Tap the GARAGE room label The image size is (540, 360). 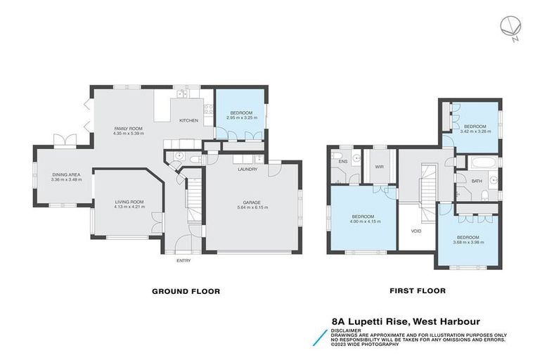(251, 202)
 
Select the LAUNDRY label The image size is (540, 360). (247, 169)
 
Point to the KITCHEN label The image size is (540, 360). (189, 121)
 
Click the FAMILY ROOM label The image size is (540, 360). (129, 128)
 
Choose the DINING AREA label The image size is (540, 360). (66, 174)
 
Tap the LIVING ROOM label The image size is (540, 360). (129, 202)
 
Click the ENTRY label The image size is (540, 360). (184, 260)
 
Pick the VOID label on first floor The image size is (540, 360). (416, 230)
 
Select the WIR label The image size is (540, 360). (380, 166)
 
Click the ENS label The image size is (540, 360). (343, 162)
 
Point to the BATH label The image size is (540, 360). (477, 181)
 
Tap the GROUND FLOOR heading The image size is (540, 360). (186, 290)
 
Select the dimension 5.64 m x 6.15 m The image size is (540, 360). (251, 207)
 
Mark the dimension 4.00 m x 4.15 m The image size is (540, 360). (366, 221)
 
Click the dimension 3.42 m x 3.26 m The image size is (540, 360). (475, 131)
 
